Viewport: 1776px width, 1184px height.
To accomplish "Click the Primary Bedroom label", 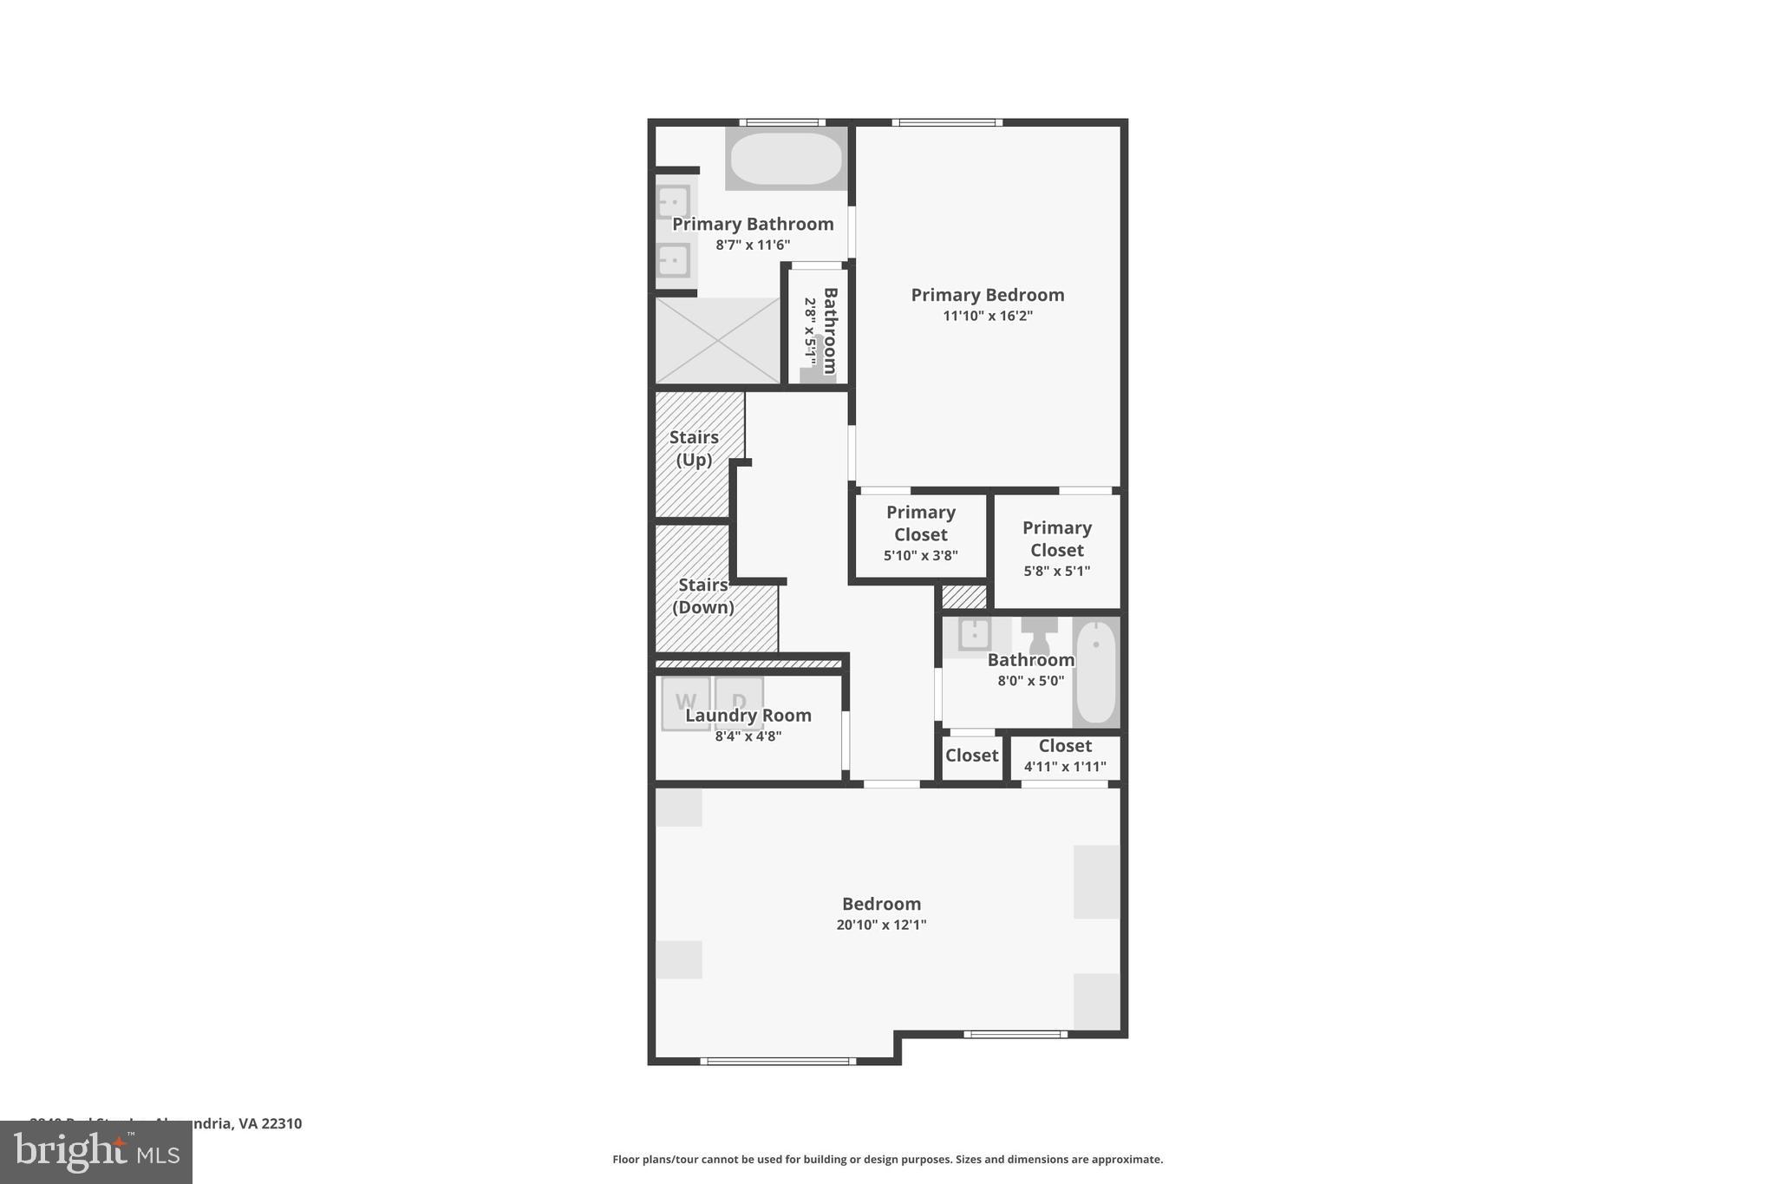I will coord(987,295).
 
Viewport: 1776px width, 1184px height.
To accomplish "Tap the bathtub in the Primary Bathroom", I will coord(786,158).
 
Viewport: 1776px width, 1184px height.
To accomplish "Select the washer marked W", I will coord(685,702).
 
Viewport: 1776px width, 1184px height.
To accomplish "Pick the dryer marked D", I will coord(739,702).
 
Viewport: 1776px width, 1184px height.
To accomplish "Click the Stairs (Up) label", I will coord(694,448).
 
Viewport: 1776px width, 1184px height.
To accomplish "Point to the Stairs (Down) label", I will coord(703,596).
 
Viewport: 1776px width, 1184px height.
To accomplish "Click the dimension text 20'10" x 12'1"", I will coord(881,925).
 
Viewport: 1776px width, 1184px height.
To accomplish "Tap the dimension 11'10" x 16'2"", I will coord(988,316).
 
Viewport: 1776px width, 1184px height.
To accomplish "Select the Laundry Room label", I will coord(748,716).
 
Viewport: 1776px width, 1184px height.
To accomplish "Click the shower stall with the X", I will coord(718,340).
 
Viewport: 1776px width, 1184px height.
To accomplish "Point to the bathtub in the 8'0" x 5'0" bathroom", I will coord(1096,672).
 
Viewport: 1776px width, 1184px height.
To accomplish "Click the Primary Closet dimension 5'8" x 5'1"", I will coord(1056,571).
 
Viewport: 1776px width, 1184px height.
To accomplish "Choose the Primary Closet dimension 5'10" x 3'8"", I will coord(920,555).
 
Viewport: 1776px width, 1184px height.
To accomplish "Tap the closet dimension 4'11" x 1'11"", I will coord(1065,767).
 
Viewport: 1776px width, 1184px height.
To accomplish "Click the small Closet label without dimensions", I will coord(971,756).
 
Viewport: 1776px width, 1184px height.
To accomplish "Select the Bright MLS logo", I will coord(96,1152).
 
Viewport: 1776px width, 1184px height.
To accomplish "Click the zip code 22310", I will coord(281,1123).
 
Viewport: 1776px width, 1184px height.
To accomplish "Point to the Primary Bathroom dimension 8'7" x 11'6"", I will coord(753,245).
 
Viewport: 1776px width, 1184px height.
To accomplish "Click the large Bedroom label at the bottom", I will coord(881,904).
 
